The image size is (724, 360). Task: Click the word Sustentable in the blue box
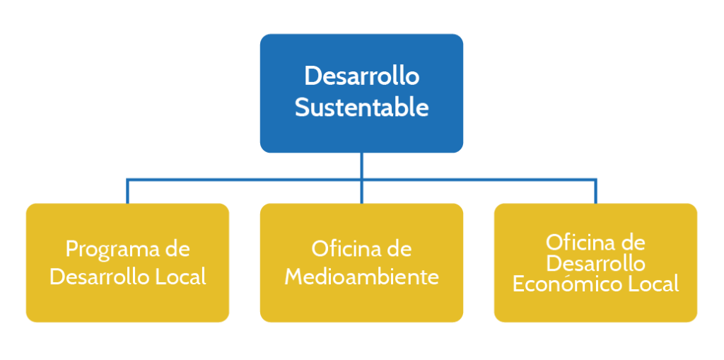coord(361,108)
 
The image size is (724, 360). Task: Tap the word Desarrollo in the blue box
coord(361,76)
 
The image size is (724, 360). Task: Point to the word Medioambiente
coord(361,277)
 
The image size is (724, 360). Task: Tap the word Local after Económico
coord(654,284)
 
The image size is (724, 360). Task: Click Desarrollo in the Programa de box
coord(100,277)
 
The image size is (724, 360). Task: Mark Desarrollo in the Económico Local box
coord(595,263)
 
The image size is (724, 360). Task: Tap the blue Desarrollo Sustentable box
coord(361,93)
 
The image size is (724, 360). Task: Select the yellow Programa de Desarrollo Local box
coord(127,262)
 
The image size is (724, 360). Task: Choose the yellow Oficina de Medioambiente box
coord(361,262)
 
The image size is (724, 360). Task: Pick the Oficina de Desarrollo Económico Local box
coord(595,262)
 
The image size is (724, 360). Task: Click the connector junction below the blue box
coord(361,180)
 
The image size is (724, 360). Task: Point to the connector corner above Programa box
coord(127,180)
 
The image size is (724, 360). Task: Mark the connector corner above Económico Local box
coord(595,180)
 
